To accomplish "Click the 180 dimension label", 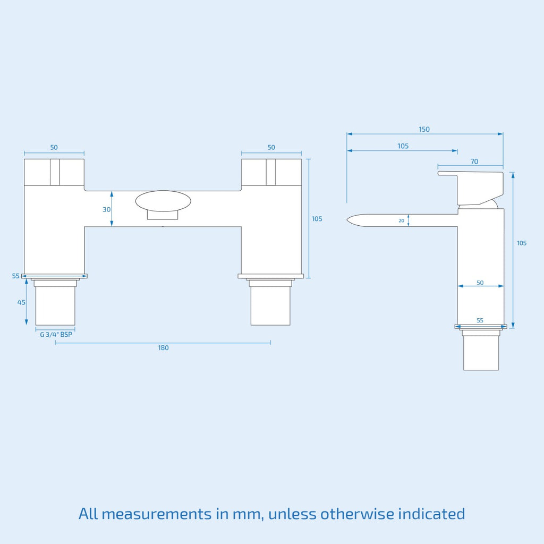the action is (163, 347).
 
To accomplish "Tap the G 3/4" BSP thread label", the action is (56, 335).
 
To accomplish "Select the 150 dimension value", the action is (424, 130).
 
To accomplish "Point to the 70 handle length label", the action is (474, 161).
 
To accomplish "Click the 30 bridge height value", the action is (106, 209).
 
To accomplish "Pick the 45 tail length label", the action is (21, 302).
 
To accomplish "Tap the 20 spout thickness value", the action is (402, 220).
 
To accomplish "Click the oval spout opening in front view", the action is (163, 201).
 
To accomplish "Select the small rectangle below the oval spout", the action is (163, 215).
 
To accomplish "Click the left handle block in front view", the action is (54, 172).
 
